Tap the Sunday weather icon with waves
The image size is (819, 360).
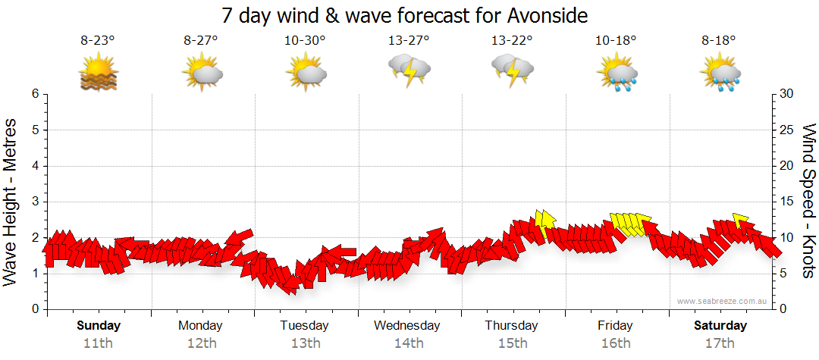click(99, 73)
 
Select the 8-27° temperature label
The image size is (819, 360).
click(201, 41)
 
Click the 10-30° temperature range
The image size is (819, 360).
click(304, 41)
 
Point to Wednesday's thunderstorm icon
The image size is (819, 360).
click(409, 71)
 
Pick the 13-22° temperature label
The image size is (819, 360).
click(512, 41)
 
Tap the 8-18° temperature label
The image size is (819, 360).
click(718, 41)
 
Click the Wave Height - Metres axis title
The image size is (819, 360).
click(11, 200)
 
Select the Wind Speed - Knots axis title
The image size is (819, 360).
click(808, 200)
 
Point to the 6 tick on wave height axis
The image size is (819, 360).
click(35, 94)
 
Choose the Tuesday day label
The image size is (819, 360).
click(304, 326)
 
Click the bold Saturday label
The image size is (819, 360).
click(719, 326)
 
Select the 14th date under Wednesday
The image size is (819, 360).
click(408, 343)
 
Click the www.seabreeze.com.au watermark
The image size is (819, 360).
click(723, 301)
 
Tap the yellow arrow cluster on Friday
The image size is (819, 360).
click(630, 224)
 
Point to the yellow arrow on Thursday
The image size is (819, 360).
click(544, 220)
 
